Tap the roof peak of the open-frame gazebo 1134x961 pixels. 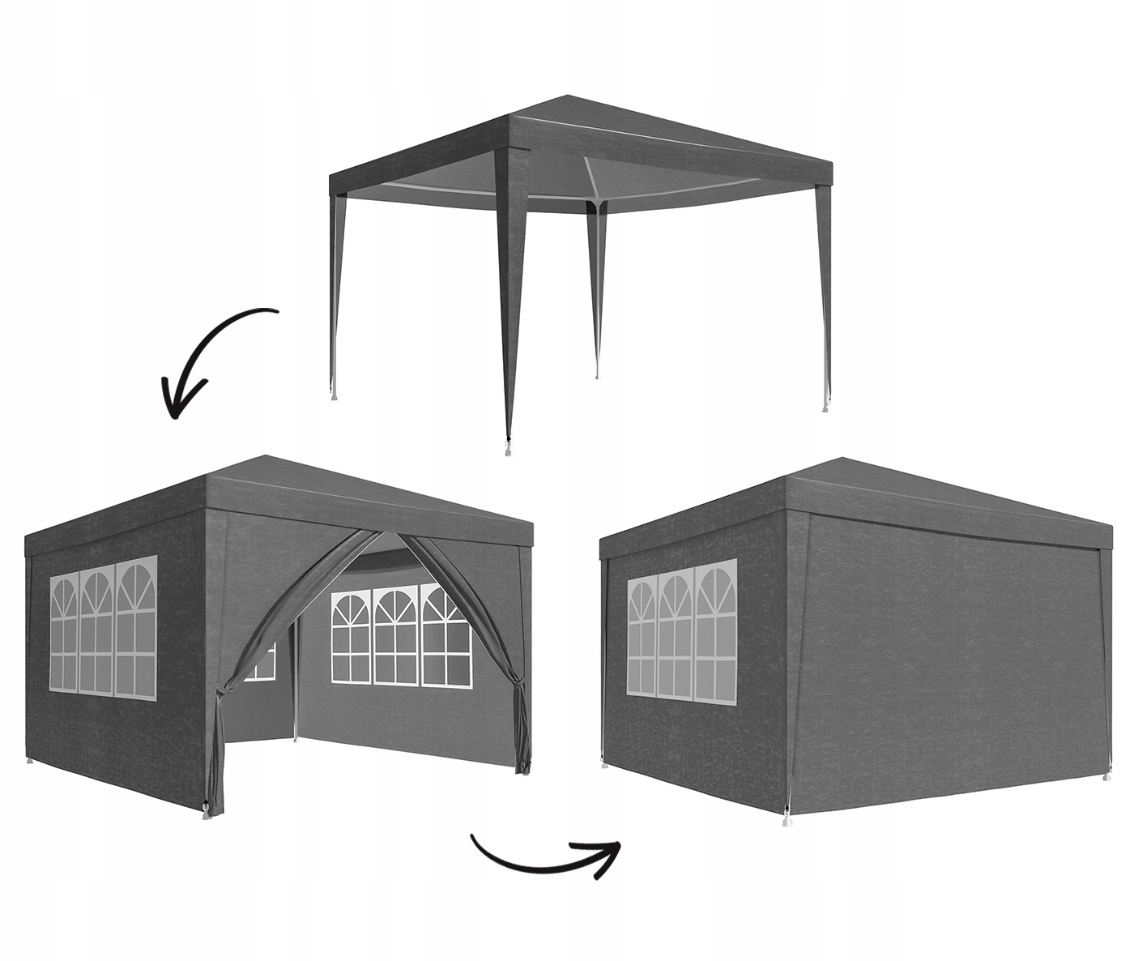click(558, 98)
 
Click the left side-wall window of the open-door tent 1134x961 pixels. click(103, 624)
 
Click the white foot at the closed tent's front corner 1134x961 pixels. click(785, 822)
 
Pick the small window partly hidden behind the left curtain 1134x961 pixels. click(265, 661)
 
